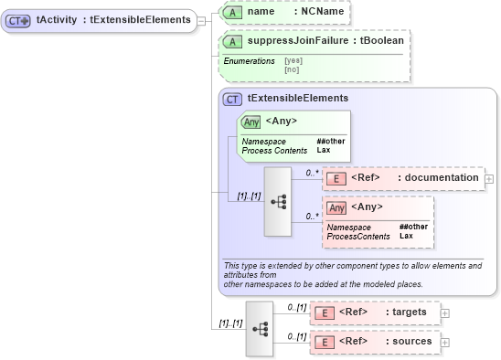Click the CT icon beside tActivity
[19, 18]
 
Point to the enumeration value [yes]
[293, 60]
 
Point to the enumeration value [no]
[292, 69]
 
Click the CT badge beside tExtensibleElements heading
[232, 99]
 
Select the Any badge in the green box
[250, 121]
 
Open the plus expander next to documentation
[489, 179]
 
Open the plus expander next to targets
[445, 312]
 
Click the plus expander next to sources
[445, 342]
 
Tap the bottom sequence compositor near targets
[260, 326]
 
